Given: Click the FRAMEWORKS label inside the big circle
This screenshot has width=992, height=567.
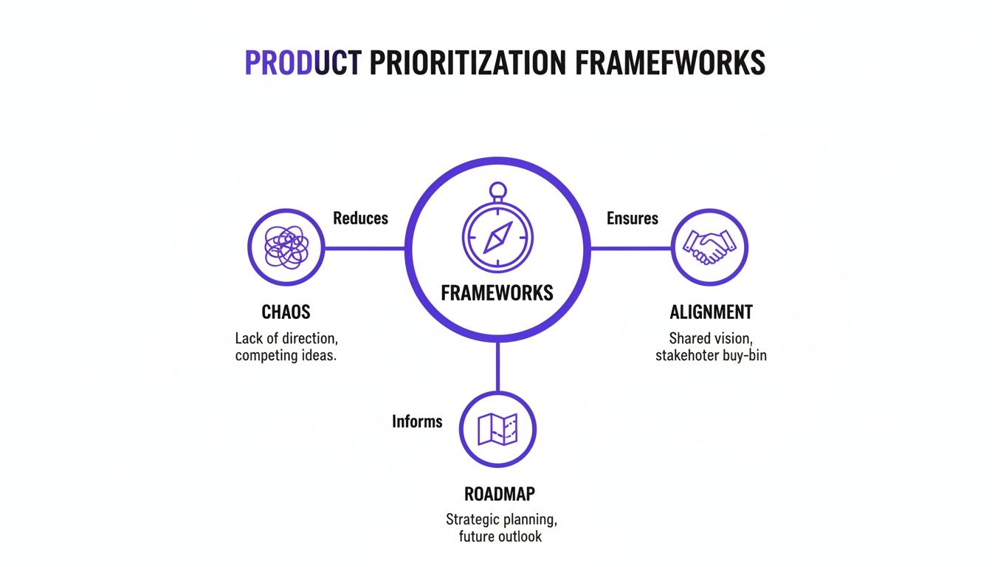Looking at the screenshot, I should coord(497,293).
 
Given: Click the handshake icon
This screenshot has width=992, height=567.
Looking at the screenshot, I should coord(709,247).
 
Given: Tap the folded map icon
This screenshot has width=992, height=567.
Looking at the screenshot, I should coord(497,429).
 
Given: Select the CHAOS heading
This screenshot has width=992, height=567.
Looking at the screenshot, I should coord(286,312).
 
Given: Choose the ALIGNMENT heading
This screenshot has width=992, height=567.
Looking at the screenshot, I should coord(711,312).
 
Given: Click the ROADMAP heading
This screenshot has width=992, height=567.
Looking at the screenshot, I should coord(498,494).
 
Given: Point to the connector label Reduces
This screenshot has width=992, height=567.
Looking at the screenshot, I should coord(360,219).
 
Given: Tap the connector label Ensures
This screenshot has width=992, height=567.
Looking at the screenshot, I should coord(633,219).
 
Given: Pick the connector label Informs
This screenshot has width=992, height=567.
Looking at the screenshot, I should coord(417,422).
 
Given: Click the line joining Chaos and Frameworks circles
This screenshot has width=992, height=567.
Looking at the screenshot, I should coord(365,248).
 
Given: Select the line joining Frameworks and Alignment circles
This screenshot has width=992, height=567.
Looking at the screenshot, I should coord(631,248).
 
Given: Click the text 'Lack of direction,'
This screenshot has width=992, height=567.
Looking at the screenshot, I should coord(286,339).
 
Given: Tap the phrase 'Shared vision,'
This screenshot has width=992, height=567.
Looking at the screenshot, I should coord(710,339).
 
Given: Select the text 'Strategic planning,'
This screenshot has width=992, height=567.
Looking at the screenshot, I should coord(499,519).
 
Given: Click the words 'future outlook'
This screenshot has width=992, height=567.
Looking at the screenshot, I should coord(500,537).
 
